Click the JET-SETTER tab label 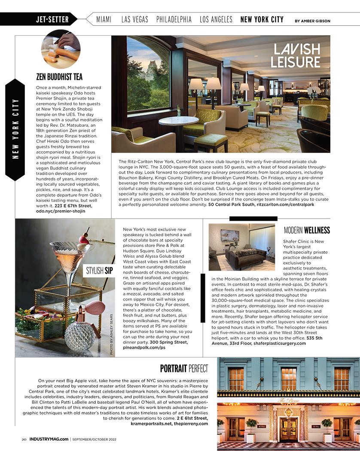(52, 19)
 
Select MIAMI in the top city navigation (104, 19)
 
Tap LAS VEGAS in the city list (135, 19)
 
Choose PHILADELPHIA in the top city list (174, 19)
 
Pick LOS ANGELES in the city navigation (216, 19)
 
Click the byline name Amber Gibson (317, 21)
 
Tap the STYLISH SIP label (99, 271)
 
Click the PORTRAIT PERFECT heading (184, 369)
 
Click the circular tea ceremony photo (61, 49)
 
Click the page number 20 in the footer (24, 439)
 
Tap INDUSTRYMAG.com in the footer (49, 439)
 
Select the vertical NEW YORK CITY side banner (15, 129)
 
